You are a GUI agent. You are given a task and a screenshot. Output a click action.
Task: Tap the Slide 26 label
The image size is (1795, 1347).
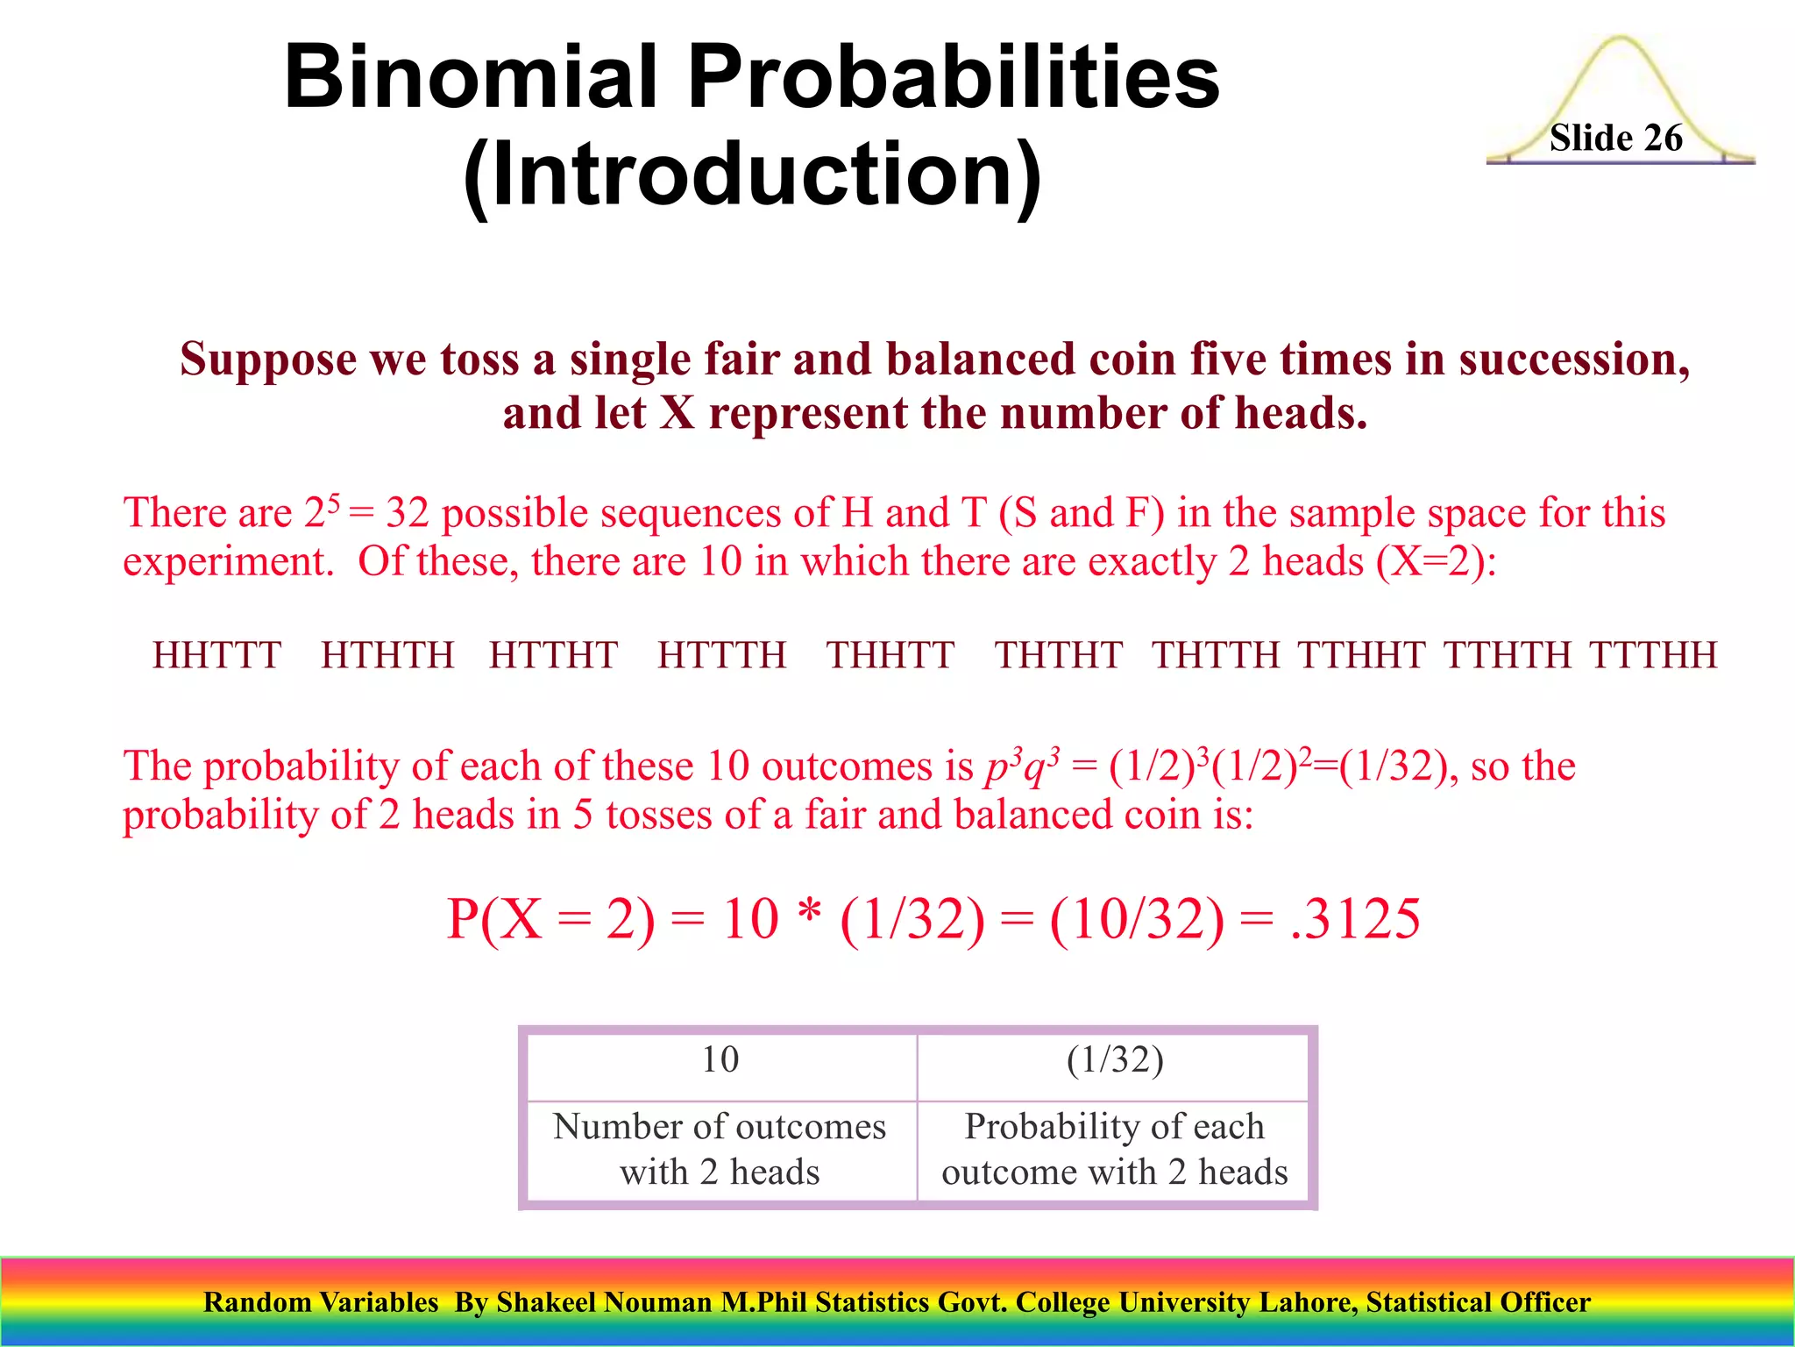[1615, 139]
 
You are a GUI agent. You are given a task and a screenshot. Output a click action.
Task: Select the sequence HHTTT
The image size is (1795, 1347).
[216, 655]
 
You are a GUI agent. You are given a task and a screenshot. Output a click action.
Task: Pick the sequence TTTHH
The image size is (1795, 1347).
[1653, 655]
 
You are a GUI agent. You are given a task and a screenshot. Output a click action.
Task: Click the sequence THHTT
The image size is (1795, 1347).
[890, 655]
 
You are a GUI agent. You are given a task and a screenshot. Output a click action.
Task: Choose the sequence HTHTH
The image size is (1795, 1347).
[387, 655]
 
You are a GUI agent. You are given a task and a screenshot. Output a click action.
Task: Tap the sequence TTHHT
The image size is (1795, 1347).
[1361, 655]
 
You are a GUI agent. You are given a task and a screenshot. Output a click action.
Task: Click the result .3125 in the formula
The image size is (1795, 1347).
[1355, 919]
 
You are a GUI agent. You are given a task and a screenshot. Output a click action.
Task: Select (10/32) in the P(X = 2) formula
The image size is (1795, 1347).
[1136, 919]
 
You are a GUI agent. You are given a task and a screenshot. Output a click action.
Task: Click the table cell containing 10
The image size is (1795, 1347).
[720, 1060]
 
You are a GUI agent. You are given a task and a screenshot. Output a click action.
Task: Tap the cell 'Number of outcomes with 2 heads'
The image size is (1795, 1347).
[720, 1149]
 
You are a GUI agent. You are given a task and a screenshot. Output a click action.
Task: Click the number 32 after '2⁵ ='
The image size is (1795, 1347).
[407, 514]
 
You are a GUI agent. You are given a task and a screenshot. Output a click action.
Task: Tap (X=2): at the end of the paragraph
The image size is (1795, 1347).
[1436, 561]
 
